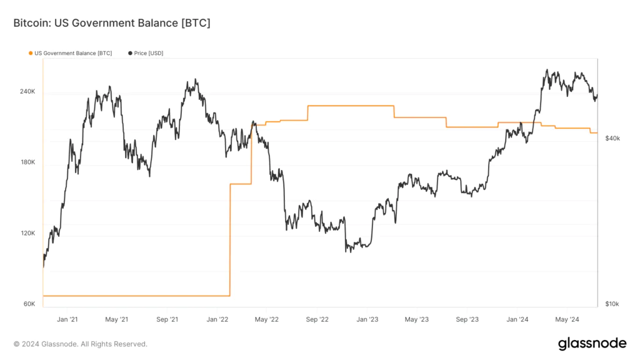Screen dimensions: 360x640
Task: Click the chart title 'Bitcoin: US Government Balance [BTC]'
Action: [x=111, y=23]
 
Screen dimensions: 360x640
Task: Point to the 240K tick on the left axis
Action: [x=27, y=92]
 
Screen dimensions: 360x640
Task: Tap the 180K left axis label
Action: [x=27, y=162]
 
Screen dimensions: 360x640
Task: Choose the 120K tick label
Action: [x=27, y=233]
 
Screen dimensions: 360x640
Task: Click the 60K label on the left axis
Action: [x=29, y=304]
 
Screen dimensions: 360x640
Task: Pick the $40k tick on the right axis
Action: [x=612, y=138]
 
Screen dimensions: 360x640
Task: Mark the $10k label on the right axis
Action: [x=612, y=304]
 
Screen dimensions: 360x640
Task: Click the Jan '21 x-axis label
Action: [x=67, y=319]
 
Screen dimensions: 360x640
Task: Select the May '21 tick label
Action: [x=116, y=319]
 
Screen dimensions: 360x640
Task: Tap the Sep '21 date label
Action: [x=167, y=319]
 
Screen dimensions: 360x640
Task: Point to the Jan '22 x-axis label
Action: [x=217, y=319]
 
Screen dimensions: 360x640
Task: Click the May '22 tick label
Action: [x=266, y=319]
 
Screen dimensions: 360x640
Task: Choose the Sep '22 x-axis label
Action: [x=317, y=319]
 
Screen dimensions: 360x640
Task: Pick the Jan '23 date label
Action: [x=367, y=319]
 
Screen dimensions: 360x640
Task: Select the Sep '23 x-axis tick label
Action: [x=467, y=319]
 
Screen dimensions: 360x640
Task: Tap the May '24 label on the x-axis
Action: [x=567, y=319]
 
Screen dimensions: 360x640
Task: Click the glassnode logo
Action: [x=592, y=343]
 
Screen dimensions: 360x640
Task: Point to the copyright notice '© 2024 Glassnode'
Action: [x=81, y=344]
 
